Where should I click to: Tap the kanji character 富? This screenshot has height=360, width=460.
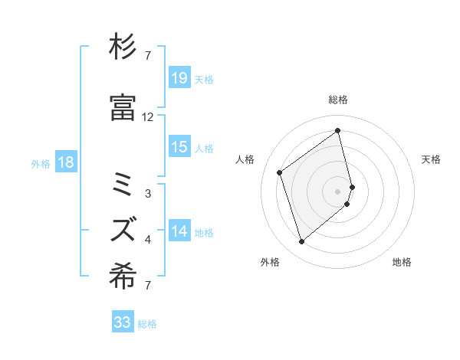(x=123, y=109)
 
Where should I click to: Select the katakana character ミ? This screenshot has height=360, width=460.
(x=123, y=185)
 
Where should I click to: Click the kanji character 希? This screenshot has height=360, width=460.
(x=123, y=280)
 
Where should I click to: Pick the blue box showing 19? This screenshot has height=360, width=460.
(x=179, y=77)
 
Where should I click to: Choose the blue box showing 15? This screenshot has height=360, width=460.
(x=179, y=148)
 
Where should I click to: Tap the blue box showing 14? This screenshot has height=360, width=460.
(x=179, y=231)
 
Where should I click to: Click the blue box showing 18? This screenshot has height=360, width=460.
(x=65, y=162)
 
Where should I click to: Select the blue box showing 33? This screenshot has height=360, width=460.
(x=123, y=322)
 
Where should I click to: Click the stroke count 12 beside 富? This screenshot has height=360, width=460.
(x=148, y=117)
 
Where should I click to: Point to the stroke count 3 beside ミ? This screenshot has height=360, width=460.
(x=148, y=194)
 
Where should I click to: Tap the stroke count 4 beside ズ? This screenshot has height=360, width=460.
(x=148, y=240)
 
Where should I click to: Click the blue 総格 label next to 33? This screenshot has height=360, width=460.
(x=147, y=324)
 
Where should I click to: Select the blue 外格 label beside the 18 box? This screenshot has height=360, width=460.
(x=40, y=163)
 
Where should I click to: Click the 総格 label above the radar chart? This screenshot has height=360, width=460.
(x=338, y=100)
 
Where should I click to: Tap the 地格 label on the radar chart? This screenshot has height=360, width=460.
(x=402, y=263)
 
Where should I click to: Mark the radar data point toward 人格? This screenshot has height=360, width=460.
(x=280, y=172)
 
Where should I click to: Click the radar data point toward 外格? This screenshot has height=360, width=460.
(x=301, y=242)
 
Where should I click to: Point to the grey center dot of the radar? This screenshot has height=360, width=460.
(x=338, y=190)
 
